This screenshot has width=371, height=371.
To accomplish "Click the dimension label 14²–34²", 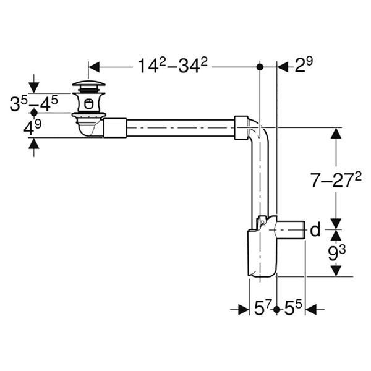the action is [x=173, y=66].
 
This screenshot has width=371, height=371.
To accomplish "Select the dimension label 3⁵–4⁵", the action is [x=34, y=104].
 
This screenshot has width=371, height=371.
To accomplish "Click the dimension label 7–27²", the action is [x=336, y=179].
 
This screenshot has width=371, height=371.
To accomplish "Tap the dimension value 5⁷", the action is [x=262, y=308].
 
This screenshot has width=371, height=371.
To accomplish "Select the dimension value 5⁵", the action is [x=293, y=308].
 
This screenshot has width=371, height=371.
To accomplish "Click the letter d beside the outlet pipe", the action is [x=315, y=229].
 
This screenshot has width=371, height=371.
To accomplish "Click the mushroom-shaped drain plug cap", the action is [x=88, y=83].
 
